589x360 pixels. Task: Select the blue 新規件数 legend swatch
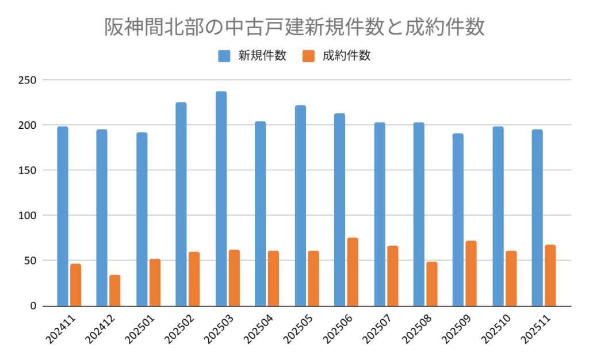pyautogui.click(x=224, y=56)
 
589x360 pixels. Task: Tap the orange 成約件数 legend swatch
pyautogui.click(x=308, y=56)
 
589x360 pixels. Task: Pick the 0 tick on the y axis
pyautogui.click(x=33, y=305)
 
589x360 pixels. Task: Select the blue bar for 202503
pyautogui.click(x=221, y=198)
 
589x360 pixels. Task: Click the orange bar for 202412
pyautogui.click(x=115, y=290)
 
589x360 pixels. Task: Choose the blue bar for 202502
pyautogui.click(x=181, y=204)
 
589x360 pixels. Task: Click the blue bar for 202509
pyautogui.click(x=458, y=220)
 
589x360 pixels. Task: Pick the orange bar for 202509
pyautogui.click(x=471, y=273)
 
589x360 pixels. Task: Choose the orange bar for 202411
pyautogui.click(x=76, y=285)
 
